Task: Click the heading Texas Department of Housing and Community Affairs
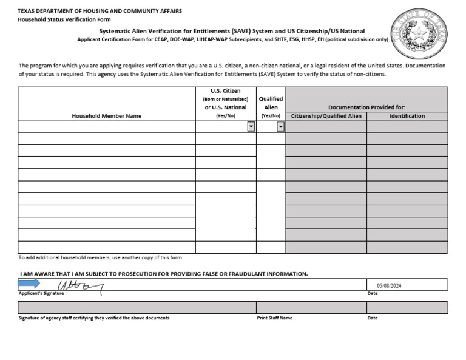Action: tap(100, 11)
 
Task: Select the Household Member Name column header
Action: tap(106, 116)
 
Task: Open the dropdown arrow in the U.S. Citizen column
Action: tap(251, 126)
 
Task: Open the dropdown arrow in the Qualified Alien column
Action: tap(281, 126)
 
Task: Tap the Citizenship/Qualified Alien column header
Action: tap(326, 116)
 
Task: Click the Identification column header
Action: tap(407, 116)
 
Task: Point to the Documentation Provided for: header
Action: tap(366, 107)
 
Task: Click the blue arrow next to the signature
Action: tap(29, 284)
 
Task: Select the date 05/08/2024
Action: tap(389, 285)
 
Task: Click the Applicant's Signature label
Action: tap(41, 294)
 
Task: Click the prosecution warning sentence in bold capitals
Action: tap(164, 274)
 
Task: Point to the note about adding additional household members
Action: tap(101, 257)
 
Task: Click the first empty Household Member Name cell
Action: tap(106, 126)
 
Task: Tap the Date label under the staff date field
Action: tap(373, 318)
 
